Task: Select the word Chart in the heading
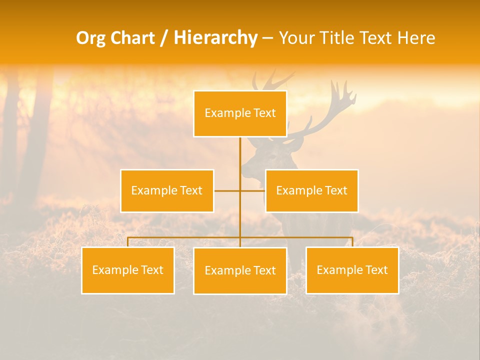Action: [133, 38]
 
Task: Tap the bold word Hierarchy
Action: [215, 38]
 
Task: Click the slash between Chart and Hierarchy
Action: [164, 38]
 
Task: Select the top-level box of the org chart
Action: [240, 113]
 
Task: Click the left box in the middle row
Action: [167, 190]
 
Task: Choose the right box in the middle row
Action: [311, 190]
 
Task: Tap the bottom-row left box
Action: [127, 270]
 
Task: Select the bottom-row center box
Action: [240, 270]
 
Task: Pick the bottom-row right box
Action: [352, 270]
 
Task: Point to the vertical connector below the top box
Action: [240, 155]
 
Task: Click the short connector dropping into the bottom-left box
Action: [127, 242]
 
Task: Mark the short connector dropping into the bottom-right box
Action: [352, 242]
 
